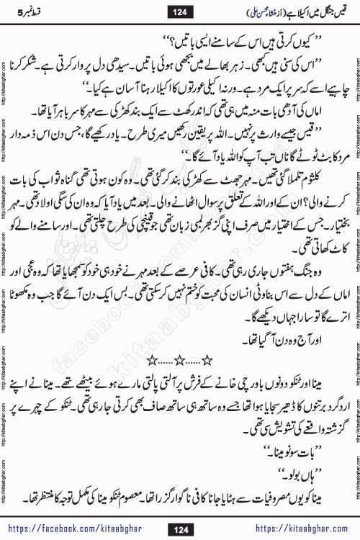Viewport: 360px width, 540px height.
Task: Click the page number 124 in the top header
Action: point(180,11)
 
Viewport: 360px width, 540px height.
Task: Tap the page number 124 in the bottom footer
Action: point(180,529)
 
